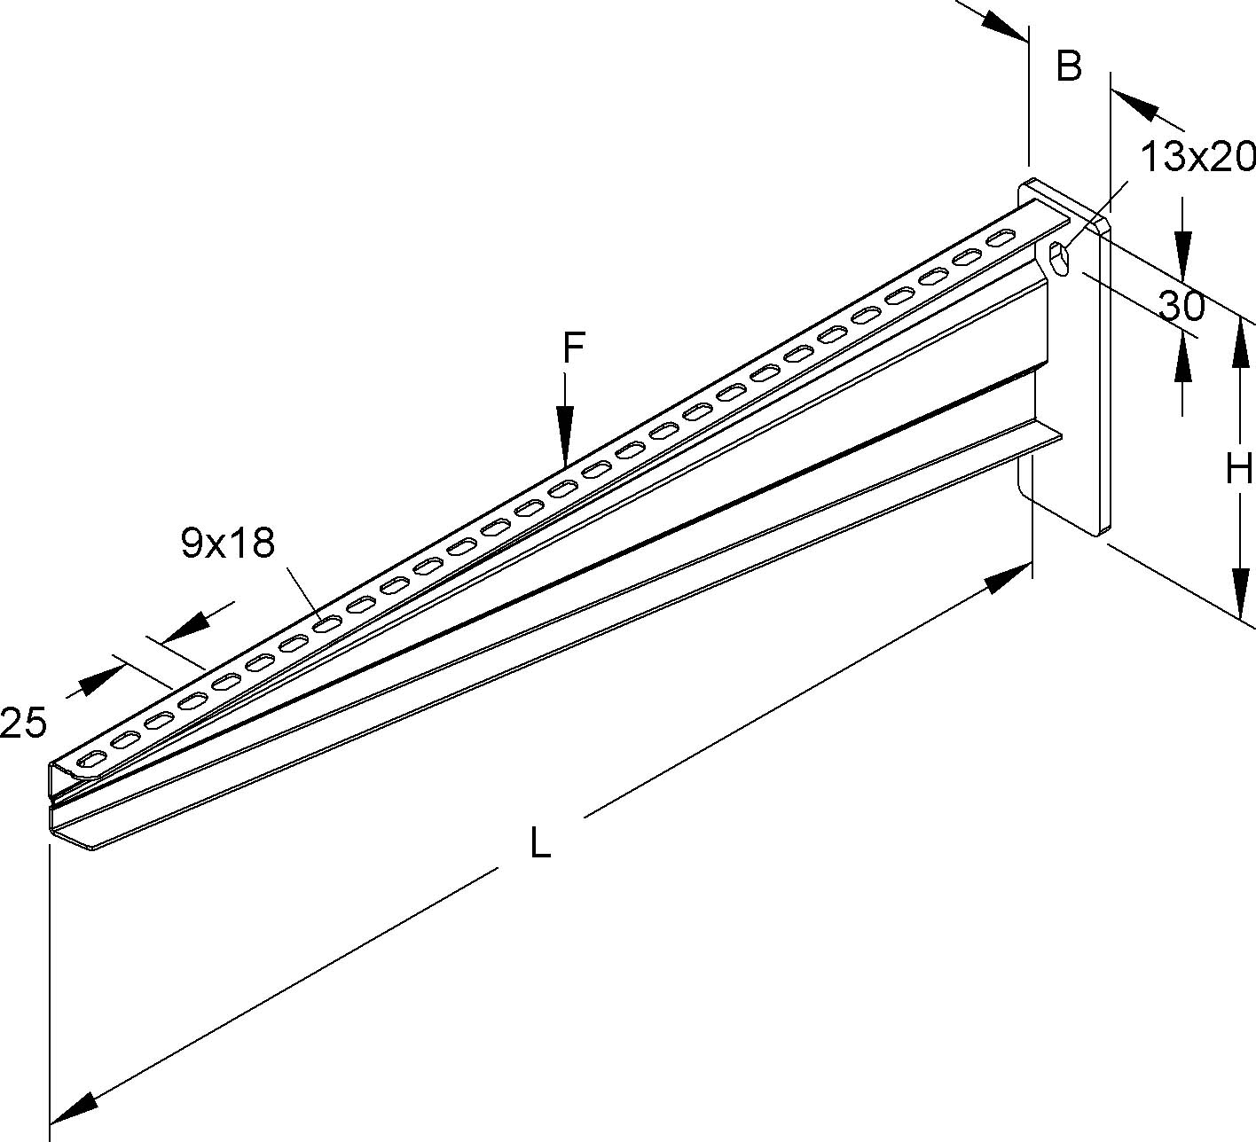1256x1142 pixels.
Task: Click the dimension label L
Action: point(540,842)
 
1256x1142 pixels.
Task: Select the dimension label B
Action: point(1069,66)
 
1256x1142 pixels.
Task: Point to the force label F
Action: point(573,348)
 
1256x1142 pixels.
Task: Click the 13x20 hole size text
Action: point(1197,158)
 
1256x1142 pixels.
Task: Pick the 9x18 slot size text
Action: point(228,543)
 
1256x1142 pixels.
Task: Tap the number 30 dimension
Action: point(1181,307)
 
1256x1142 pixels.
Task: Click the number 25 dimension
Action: point(23,724)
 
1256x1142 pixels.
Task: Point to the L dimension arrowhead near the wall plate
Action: point(1010,580)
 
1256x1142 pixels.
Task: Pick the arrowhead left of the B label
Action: point(1004,24)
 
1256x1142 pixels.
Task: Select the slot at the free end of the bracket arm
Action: point(92,759)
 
